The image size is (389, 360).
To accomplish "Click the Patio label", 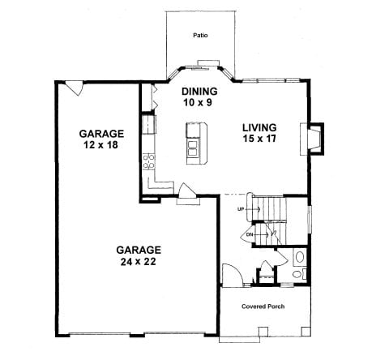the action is click(x=200, y=36).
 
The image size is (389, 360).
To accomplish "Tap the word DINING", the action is click(x=199, y=92).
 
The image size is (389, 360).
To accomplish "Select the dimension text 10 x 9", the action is click(x=198, y=102).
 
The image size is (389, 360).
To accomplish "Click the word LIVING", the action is click(x=259, y=127).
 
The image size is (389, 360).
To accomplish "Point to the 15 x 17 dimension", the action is click(x=259, y=139).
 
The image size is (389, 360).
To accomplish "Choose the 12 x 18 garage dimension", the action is click(x=100, y=145).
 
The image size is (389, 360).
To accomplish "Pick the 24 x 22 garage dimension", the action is click(x=138, y=262).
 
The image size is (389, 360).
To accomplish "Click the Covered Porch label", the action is click(x=263, y=306).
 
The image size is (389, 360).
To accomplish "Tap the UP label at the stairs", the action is click(x=241, y=209).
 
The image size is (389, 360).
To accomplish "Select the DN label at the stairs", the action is click(x=250, y=234).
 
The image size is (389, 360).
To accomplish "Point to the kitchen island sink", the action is click(x=193, y=148).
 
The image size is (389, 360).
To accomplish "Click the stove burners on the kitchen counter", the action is click(x=148, y=161).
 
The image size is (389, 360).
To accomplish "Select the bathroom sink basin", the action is click(x=299, y=257).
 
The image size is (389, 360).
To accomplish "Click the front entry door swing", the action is click(x=232, y=274).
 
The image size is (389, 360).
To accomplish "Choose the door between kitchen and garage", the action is click(x=186, y=191).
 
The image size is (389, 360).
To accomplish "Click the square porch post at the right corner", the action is click(x=306, y=332).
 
